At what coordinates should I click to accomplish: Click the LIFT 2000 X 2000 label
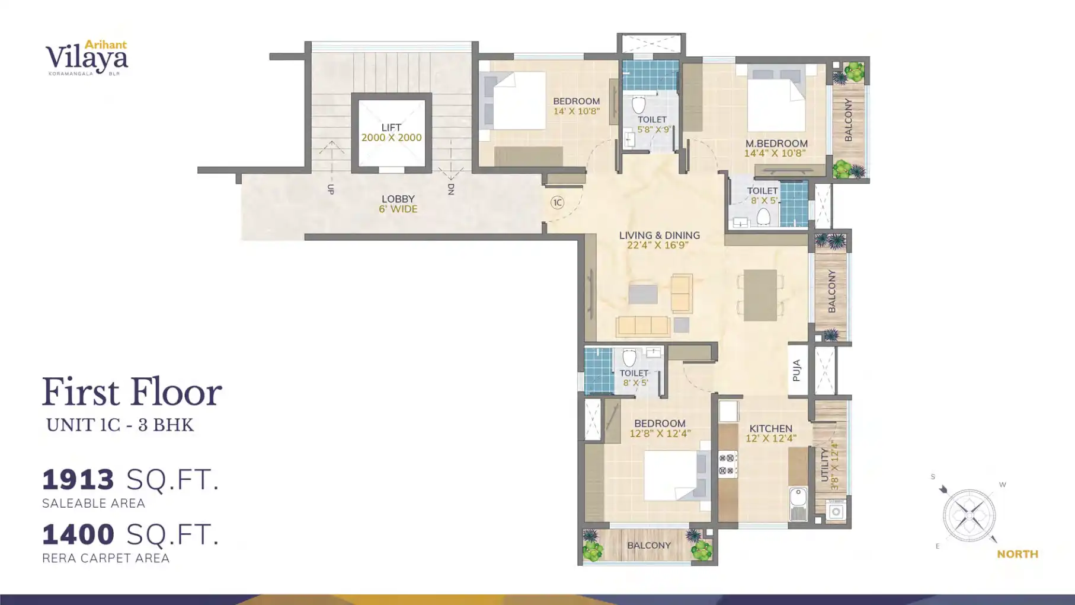pos(391,132)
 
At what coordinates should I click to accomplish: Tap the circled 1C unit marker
pos(557,203)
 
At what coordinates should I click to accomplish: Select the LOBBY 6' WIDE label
pos(398,204)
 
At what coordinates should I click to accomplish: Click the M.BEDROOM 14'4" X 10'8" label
pos(776,148)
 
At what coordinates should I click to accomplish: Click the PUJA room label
pos(797,371)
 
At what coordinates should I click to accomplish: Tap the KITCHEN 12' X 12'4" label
pos(770,433)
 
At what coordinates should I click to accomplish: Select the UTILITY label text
pos(824,464)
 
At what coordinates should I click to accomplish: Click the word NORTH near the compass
pos(1017,554)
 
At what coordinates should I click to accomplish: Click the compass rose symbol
pos(969,515)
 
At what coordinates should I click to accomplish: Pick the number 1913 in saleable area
pos(78,479)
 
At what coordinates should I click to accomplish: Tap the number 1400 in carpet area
pos(78,534)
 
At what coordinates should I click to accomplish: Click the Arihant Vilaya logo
pos(87,58)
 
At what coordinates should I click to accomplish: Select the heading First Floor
pos(132,392)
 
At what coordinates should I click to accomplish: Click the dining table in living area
pos(760,295)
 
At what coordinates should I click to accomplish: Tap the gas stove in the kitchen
pos(727,464)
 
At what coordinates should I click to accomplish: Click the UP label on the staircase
pos(331,189)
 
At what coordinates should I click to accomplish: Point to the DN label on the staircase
pos(451,189)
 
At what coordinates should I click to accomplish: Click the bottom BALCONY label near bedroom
pos(649,545)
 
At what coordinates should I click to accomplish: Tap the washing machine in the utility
pos(836,511)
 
